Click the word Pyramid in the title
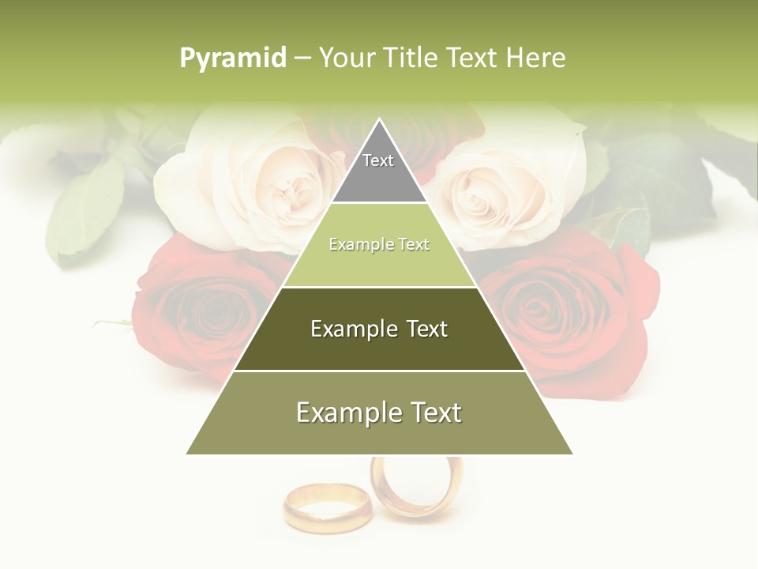click(x=232, y=58)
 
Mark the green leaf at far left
click(x=87, y=205)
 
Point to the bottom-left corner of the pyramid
click(x=188, y=453)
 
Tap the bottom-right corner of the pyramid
click(x=572, y=453)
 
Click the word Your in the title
click(x=345, y=58)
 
